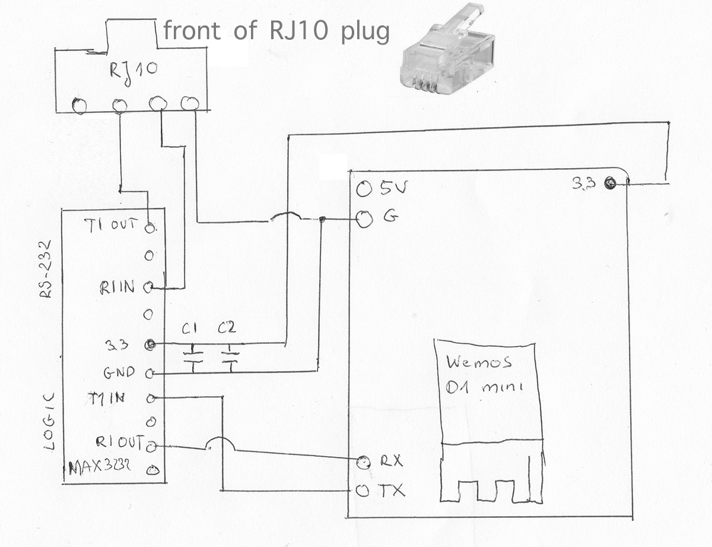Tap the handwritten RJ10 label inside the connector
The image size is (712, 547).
click(134, 69)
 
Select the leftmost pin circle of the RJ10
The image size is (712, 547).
click(79, 106)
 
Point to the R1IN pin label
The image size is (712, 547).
click(117, 288)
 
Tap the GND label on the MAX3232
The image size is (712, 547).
click(119, 373)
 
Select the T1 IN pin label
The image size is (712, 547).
click(106, 399)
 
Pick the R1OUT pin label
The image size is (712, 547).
click(119, 442)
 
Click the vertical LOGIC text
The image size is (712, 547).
click(51, 421)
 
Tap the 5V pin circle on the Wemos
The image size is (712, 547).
click(364, 189)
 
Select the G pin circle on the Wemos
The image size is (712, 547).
click(364, 220)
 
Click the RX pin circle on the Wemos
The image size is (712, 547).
click(363, 461)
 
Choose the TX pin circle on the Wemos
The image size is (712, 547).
click(362, 491)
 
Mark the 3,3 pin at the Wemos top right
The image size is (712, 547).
click(609, 184)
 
